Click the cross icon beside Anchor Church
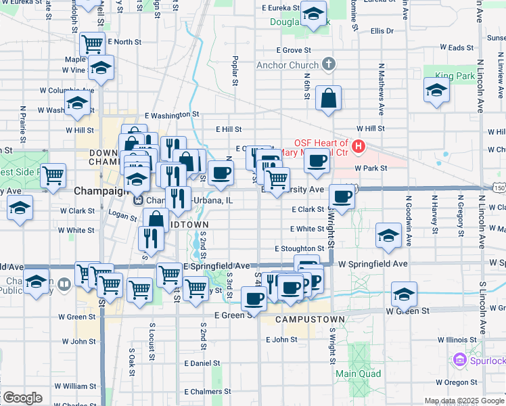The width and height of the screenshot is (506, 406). (x=329, y=65)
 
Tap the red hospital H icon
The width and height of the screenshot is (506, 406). (x=359, y=145)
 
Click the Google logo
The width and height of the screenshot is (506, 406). (x=22, y=398)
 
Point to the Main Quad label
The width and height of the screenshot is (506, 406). (x=359, y=374)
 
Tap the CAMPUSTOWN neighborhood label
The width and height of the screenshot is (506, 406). (x=310, y=319)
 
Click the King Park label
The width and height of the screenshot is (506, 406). (x=455, y=76)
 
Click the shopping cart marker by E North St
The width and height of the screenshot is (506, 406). (x=92, y=44)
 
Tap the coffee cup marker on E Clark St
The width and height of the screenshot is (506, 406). (x=342, y=196)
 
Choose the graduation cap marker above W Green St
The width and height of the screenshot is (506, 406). (x=403, y=294)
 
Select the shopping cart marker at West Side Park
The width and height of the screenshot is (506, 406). (x=53, y=175)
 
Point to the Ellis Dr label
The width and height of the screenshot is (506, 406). (x=382, y=31)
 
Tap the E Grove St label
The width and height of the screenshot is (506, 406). (x=293, y=50)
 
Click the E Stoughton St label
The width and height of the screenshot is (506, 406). (x=299, y=249)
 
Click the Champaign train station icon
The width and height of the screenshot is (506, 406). (x=137, y=200)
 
